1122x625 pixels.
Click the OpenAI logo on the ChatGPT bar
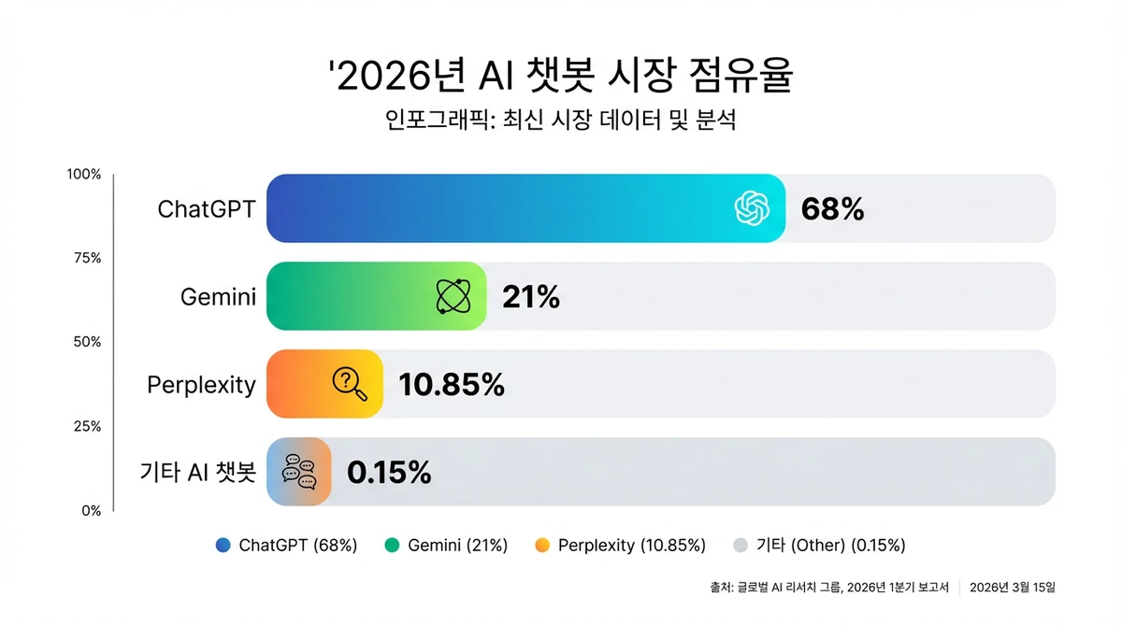pyautogui.click(x=753, y=208)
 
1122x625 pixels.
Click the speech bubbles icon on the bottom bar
pyautogui.click(x=300, y=472)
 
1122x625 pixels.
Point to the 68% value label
pyautogui.click(x=832, y=209)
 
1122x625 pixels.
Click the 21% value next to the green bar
pyautogui.click(x=530, y=297)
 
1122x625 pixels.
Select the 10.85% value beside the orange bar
pyautogui.click(x=451, y=384)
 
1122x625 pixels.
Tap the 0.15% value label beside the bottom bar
pyautogui.click(x=388, y=473)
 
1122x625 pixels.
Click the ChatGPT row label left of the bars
pyautogui.click(x=206, y=209)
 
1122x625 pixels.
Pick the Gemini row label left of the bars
pyautogui.click(x=217, y=298)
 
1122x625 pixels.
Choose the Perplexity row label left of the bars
pyautogui.click(x=201, y=385)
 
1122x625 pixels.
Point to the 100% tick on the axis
pyautogui.click(x=84, y=175)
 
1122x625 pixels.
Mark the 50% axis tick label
pyautogui.click(x=87, y=342)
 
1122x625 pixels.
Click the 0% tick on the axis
pyautogui.click(x=90, y=510)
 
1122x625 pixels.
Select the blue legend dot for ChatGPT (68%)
pyautogui.click(x=222, y=546)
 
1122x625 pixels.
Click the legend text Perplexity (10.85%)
pyautogui.click(x=631, y=546)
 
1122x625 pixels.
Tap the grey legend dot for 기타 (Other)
pyautogui.click(x=741, y=546)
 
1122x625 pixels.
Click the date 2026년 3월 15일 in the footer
pyautogui.click(x=1013, y=588)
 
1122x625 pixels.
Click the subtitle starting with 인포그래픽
pyautogui.click(x=560, y=122)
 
